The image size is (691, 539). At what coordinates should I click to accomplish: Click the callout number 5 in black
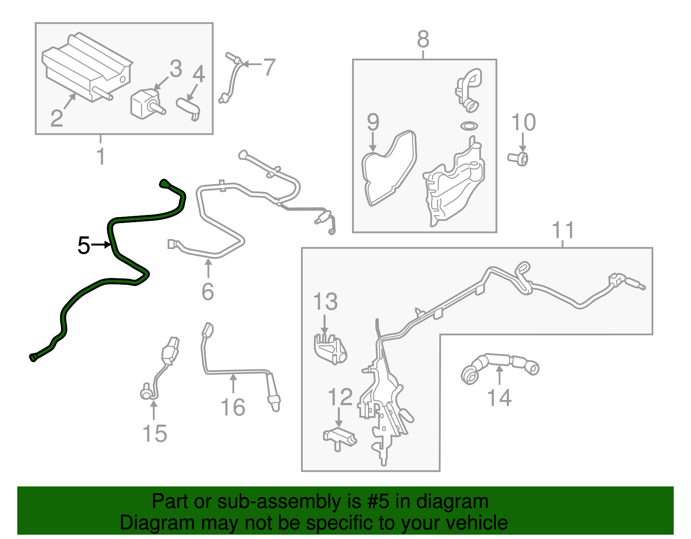tap(84, 245)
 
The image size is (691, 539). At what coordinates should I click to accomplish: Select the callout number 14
tap(499, 397)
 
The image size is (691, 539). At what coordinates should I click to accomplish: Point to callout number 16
tap(233, 407)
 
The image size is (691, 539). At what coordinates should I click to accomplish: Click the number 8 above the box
tap(423, 39)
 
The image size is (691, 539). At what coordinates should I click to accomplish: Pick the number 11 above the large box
tap(563, 230)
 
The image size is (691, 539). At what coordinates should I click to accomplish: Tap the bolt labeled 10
tap(518, 159)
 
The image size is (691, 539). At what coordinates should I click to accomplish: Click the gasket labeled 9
tap(389, 168)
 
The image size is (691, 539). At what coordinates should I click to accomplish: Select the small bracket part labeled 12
tap(339, 439)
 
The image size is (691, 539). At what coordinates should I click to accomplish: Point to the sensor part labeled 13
tap(330, 348)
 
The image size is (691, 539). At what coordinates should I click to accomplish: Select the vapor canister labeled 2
tap(87, 67)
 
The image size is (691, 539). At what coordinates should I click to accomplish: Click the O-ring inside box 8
tap(469, 126)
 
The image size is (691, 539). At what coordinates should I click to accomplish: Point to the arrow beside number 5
tap(101, 245)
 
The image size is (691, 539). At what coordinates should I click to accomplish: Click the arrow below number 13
tap(324, 324)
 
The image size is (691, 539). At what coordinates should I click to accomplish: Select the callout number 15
tap(155, 434)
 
